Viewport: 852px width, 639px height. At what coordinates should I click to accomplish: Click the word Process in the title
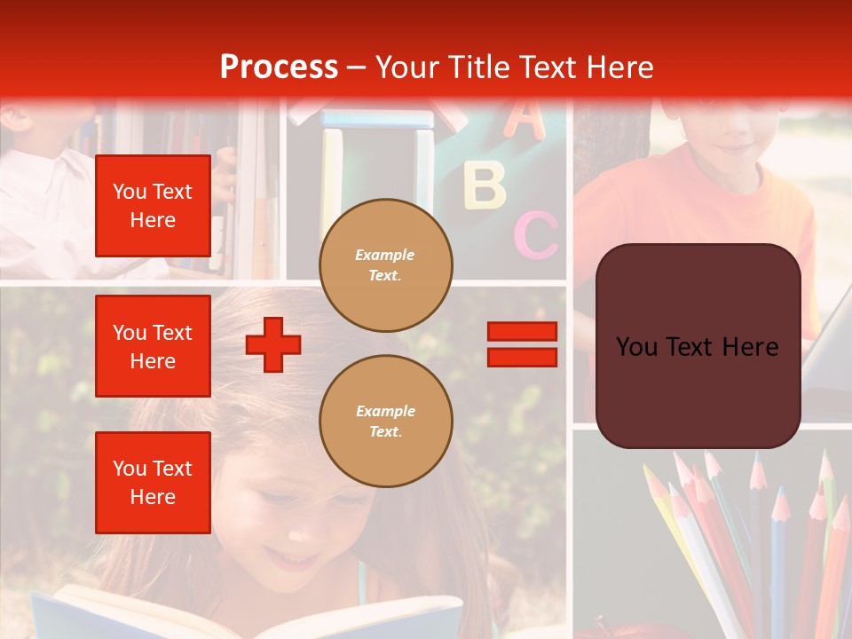279,67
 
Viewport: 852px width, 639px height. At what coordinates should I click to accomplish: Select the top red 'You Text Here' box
153,206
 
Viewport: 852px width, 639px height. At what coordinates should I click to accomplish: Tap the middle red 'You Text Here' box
153,346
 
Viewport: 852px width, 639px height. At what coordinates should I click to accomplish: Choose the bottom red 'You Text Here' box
153,483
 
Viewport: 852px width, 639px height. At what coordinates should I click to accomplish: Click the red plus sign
273,344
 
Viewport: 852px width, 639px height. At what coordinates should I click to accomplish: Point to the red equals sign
522,344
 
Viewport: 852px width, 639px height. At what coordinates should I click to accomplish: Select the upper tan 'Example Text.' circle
386,264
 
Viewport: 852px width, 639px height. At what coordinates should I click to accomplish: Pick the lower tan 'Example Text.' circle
386,421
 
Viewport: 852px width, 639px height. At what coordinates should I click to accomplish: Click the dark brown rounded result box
698,346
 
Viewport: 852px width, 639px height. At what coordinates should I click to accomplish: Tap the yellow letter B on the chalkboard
485,185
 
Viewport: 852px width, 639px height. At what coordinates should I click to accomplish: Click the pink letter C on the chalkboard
535,234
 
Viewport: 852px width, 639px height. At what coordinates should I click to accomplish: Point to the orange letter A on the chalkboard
525,120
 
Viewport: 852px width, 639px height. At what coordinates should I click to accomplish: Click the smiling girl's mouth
289,558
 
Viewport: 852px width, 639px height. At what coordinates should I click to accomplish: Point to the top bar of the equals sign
522,332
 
